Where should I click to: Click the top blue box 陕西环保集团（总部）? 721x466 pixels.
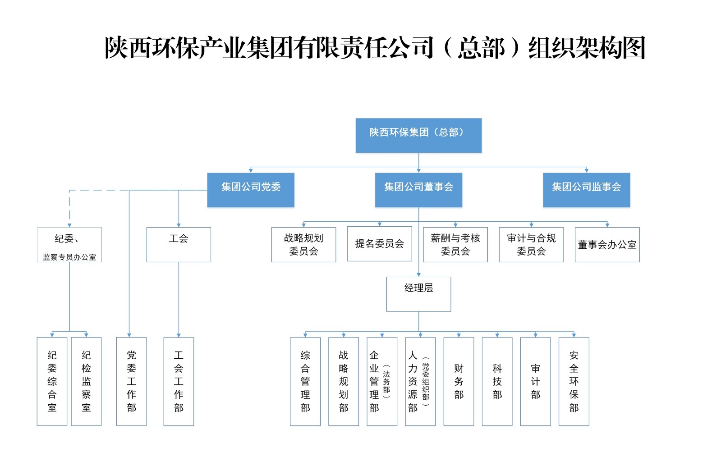[x=418, y=135]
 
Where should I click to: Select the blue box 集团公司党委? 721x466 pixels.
[x=251, y=190]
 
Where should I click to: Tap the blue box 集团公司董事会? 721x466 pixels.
[x=418, y=190]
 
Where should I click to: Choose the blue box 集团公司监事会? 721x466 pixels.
[x=586, y=190]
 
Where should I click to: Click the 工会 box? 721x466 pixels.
[x=179, y=244]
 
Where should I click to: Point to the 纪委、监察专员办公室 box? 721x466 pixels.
[x=69, y=244]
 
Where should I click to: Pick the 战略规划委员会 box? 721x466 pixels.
[x=303, y=244]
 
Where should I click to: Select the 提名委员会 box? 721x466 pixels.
[x=379, y=244]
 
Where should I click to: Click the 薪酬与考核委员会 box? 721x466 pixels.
[x=455, y=244]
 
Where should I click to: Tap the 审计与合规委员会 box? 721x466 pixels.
[x=531, y=244]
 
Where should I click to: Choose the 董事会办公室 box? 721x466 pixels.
[x=607, y=244]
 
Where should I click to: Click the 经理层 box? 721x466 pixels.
[x=418, y=294]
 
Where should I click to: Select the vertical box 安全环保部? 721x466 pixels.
[x=574, y=381]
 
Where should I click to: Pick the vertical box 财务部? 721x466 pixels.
[x=459, y=381]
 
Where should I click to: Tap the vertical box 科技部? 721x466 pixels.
[x=497, y=381]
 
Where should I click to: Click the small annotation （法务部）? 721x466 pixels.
[x=386, y=381]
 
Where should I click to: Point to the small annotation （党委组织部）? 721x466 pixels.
[x=426, y=381]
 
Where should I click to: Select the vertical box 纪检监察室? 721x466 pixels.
[x=86, y=381]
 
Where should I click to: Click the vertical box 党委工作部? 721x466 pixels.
[x=131, y=381]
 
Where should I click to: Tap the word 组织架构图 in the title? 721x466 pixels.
[x=587, y=48]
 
